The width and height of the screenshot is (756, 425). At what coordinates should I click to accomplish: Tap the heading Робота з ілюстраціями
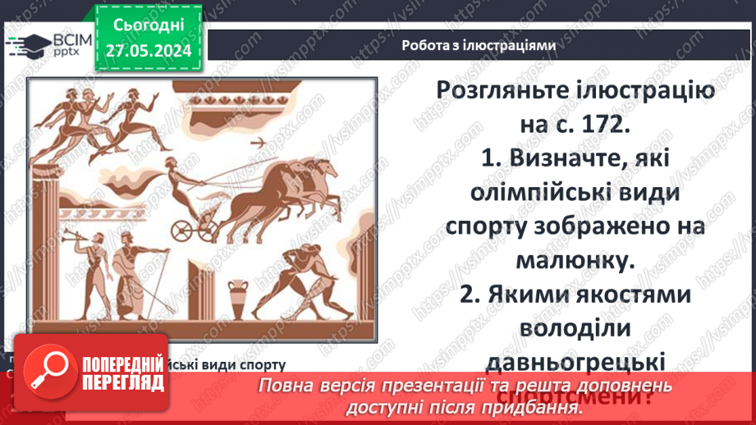click(x=479, y=46)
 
